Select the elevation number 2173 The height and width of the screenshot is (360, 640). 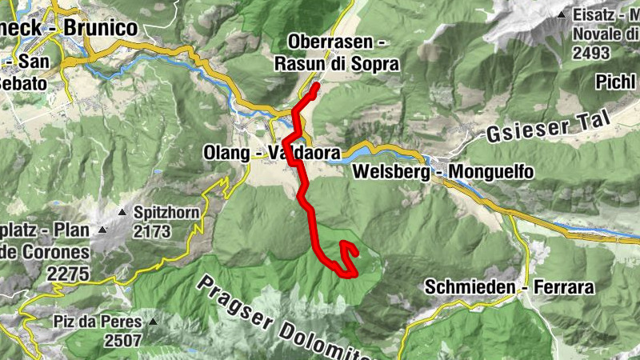[x=153, y=232]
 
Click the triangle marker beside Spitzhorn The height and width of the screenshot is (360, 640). [x=122, y=213]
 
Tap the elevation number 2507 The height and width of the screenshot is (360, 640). [x=122, y=340]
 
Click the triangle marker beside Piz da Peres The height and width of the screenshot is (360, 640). [x=153, y=322]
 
